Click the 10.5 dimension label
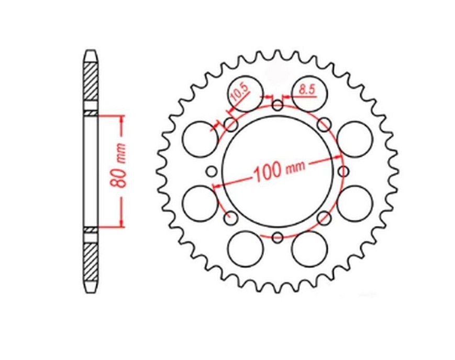(x=240, y=92)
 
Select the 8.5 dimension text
(x=307, y=90)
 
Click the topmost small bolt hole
(x=278, y=105)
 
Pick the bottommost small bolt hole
(x=278, y=237)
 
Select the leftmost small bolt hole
(x=212, y=171)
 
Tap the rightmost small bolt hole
(x=343, y=171)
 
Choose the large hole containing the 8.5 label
(x=309, y=94)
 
